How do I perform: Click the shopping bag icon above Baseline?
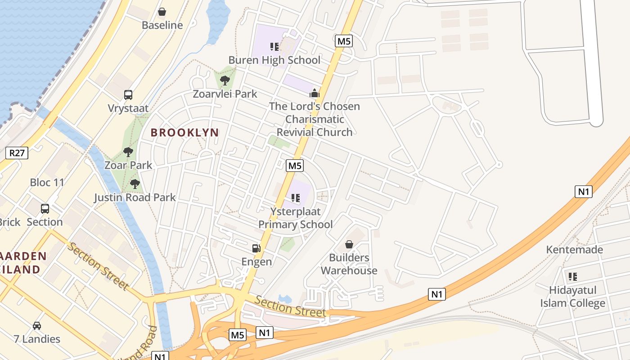162,12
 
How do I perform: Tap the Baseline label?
162,25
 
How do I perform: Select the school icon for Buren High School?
274,46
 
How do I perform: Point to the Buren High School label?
274,60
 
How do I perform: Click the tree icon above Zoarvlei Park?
225,81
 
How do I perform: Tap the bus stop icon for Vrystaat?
128,95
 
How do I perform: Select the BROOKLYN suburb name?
184,133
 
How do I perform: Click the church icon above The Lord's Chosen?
314,93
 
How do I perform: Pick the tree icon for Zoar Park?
128,152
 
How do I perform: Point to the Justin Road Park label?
135,197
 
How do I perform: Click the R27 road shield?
17,153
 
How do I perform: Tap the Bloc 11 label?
47,182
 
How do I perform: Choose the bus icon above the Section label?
45,209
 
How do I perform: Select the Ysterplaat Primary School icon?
296,198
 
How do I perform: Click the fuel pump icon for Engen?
256,248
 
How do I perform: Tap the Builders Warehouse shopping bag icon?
349,244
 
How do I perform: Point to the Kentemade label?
574,249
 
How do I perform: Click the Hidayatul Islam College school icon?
572,276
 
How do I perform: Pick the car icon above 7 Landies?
37,325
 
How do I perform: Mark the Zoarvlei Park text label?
225,94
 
